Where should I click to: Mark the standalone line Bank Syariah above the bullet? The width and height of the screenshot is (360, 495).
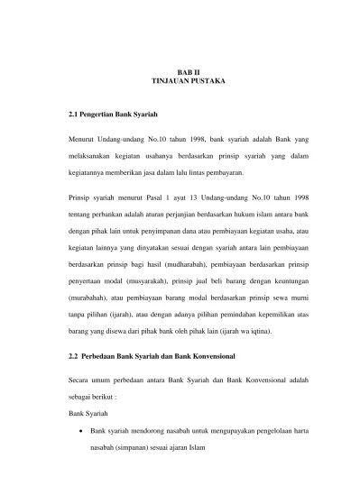click(x=89, y=414)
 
